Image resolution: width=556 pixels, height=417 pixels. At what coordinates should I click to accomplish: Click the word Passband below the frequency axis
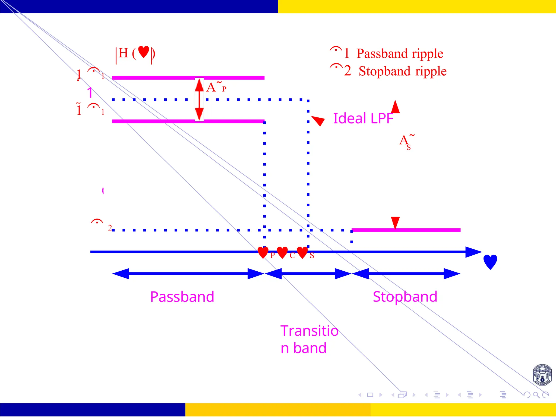(182, 297)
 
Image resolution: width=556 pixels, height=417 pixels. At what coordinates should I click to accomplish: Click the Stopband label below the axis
(405, 297)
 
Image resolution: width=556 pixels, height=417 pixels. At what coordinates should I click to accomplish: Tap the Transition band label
(309, 339)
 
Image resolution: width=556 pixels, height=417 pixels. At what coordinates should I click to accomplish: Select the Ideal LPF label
(363, 118)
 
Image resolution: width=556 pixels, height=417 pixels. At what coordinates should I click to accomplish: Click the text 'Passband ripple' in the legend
(400, 53)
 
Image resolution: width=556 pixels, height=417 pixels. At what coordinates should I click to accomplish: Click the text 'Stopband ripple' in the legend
(402, 71)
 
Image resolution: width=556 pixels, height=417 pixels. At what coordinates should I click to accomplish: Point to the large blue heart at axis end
(490, 262)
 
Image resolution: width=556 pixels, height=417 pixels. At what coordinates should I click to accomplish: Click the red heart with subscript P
(263, 252)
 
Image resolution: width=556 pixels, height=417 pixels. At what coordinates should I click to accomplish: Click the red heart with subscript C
(282, 252)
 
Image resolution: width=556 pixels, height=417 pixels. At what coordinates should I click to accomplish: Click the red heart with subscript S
(302, 252)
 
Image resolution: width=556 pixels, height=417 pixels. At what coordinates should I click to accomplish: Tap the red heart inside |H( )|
(144, 52)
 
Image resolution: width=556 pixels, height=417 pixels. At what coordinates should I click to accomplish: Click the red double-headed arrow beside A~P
(199, 100)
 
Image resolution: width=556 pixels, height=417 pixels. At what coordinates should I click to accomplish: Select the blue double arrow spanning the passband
(188, 274)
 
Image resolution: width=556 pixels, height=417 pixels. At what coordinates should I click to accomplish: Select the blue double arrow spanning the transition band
(308, 274)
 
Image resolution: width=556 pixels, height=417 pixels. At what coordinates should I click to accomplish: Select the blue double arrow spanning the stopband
(406, 274)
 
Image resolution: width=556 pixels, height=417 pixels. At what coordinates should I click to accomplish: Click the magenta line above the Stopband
(406, 230)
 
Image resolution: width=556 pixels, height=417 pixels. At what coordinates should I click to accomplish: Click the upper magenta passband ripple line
(188, 78)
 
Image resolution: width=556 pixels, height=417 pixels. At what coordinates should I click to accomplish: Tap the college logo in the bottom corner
(542, 375)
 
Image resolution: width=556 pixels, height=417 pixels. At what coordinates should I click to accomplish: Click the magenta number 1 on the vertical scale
(90, 93)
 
